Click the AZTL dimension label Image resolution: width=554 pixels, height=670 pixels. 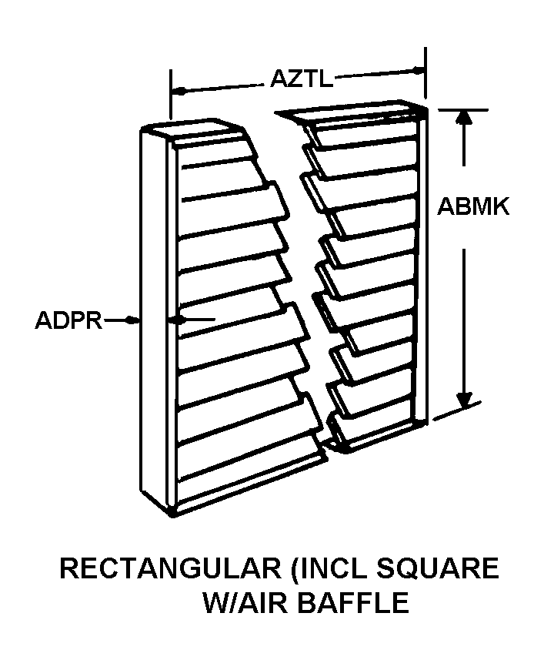pos(301,79)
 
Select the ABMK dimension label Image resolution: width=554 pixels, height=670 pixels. pos(474,207)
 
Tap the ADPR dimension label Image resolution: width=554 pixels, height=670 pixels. pos(68,320)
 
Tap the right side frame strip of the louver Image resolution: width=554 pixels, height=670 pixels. pos(420,262)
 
